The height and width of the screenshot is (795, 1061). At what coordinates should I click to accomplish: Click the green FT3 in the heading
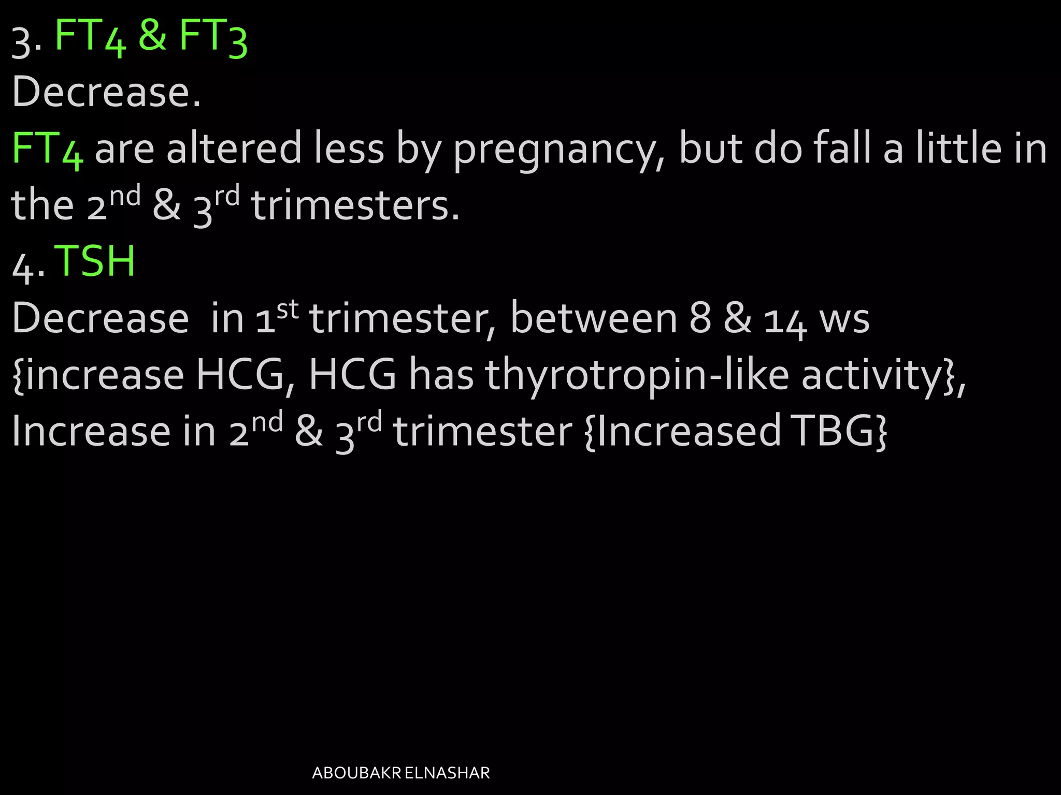(x=213, y=37)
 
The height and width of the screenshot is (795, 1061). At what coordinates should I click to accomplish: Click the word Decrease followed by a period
(x=106, y=92)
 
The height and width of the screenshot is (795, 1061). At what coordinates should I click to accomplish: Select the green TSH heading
(x=95, y=261)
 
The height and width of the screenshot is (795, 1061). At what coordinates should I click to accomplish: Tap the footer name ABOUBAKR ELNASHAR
(x=401, y=773)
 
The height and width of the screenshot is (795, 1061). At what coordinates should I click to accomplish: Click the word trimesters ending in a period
(x=355, y=206)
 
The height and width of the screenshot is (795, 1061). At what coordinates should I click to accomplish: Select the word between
(x=594, y=318)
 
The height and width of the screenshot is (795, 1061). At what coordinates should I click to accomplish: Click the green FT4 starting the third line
(x=47, y=150)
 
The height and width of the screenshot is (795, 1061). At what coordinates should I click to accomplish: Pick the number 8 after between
(x=700, y=319)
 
